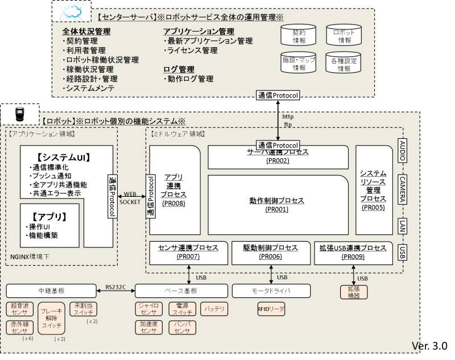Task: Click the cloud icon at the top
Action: [71, 11]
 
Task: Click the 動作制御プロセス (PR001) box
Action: [277, 205]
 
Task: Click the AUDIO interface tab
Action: [403, 149]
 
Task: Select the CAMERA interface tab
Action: [403, 188]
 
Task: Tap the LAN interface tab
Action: [403, 225]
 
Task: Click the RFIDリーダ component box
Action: [271, 309]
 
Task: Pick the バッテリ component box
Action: [214, 309]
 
